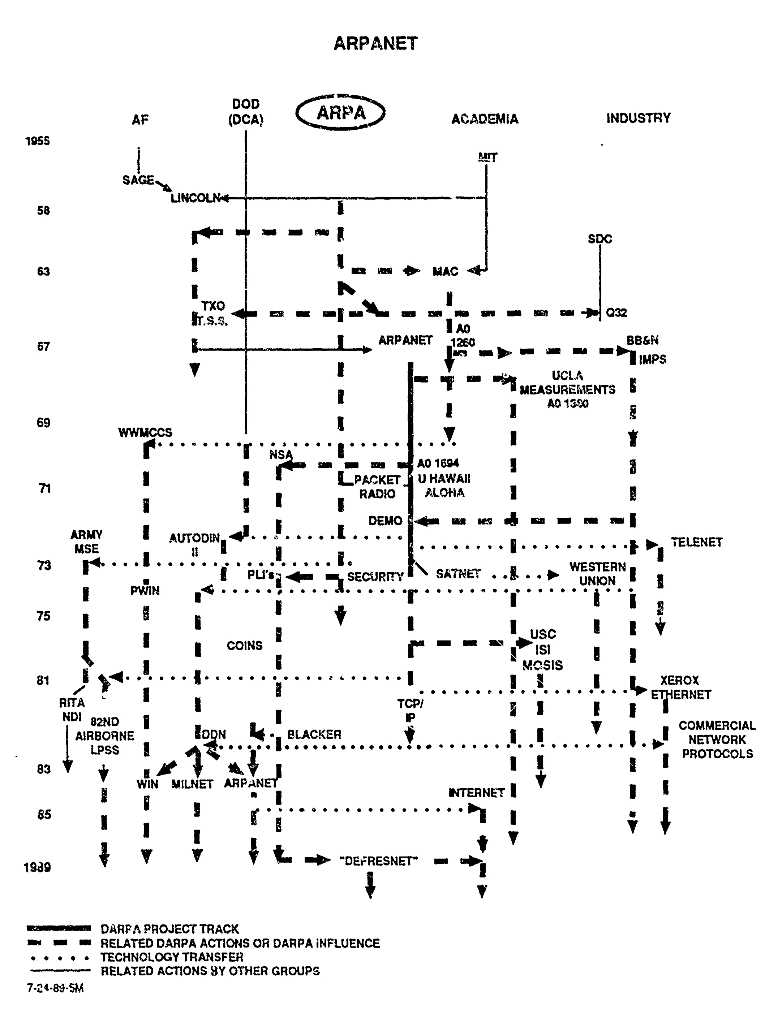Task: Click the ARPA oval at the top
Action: click(340, 112)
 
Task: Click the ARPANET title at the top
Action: click(375, 43)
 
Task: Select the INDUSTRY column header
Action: click(638, 118)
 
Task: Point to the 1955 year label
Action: click(38, 141)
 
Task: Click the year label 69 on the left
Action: click(43, 422)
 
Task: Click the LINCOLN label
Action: click(195, 198)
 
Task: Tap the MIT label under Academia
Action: click(487, 157)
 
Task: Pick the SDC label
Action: click(600, 239)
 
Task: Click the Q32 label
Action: click(616, 312)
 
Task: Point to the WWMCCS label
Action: click(145, 432)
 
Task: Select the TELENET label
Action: click(696, 542)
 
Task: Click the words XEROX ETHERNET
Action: click(680, 687)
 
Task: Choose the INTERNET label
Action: click(476, 793)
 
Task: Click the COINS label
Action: click(244, 645)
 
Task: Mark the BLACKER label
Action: click(314, 734)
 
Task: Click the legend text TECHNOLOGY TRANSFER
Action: click(172, 957)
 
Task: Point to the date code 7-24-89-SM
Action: click(55, 988)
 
